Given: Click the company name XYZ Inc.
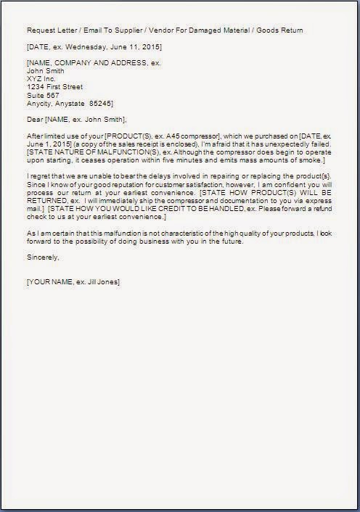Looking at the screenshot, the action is (x=41, y=79).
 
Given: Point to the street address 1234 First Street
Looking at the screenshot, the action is (x=55, y=87).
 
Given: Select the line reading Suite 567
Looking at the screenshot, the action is (x=43, y=95).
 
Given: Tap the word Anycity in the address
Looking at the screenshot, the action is (x=40, y=103).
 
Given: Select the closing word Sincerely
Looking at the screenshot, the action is (x=42, y=257).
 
